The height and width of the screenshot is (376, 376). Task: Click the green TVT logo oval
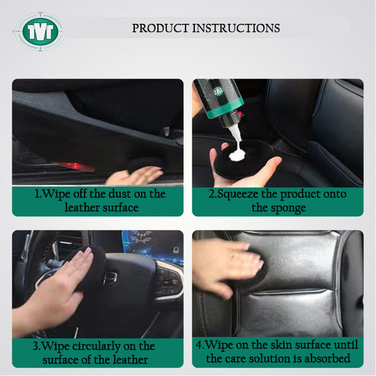40,31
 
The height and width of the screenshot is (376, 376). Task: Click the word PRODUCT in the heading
160,28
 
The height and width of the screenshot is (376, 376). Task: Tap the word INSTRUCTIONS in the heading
236,28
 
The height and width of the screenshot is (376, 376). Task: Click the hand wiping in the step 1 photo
134,175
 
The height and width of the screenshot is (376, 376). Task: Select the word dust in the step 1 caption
120,194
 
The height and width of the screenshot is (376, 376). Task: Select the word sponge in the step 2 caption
291,208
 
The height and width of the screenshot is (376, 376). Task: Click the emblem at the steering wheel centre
110,278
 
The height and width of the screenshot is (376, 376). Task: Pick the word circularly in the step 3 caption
96,347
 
